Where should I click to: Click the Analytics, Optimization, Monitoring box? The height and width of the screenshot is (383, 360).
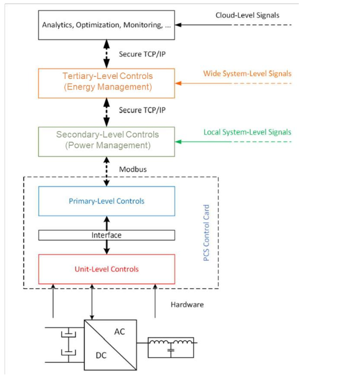point(107,25)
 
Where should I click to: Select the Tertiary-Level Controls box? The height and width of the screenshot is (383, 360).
point(107,82)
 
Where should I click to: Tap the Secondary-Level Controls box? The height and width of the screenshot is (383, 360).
point(107,140)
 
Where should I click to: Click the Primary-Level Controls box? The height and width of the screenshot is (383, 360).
point(107,201)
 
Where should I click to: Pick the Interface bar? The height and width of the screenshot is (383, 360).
point(107,235)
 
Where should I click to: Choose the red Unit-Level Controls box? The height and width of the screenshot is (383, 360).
point(107,269)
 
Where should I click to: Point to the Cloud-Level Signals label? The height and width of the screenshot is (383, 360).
point(247,15)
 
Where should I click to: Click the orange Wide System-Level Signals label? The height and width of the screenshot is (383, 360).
point(247,74)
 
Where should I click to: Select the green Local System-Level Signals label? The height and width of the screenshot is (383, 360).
point(247,133)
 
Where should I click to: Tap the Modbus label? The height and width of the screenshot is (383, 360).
point(133,169)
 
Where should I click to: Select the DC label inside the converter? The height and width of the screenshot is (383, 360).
point(102,356)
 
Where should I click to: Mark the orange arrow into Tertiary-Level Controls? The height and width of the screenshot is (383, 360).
point(202,83)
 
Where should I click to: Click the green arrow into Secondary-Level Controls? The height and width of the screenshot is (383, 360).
point(202,141)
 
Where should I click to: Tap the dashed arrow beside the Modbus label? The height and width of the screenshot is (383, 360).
point(107,168)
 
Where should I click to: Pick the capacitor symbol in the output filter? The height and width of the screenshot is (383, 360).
point(171,350)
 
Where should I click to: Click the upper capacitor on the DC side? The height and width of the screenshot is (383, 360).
point(67,334)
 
